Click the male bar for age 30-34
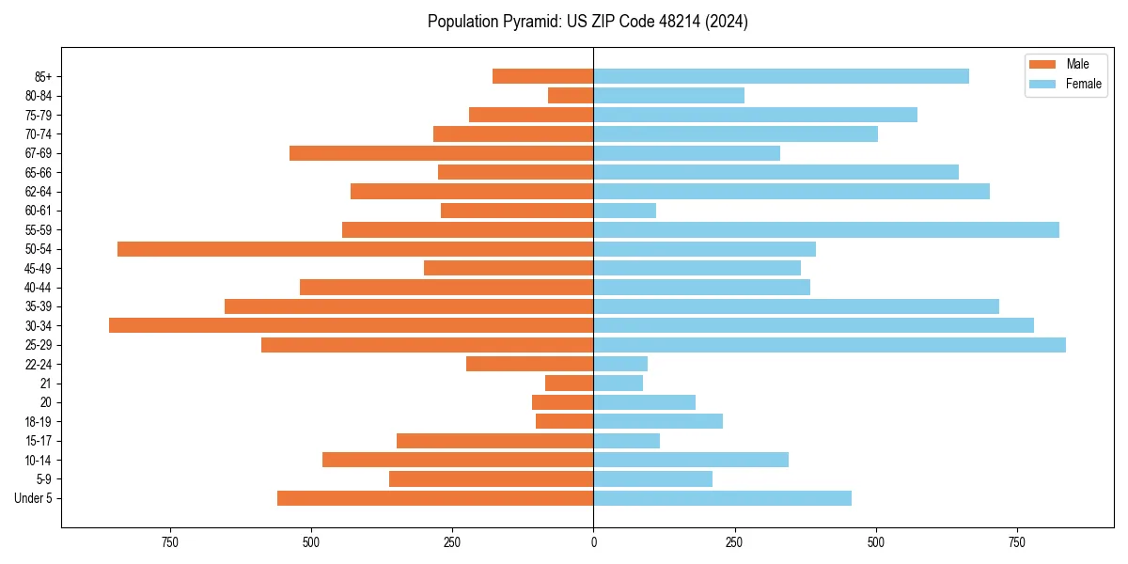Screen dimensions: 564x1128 click(x=351, y=325)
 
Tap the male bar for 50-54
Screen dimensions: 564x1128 click(x=355, y=249)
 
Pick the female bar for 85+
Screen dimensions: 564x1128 click(x=781, y=76)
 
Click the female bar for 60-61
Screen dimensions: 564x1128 click(x=624, y=211)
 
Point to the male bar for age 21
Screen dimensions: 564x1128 click(x=569, y=384)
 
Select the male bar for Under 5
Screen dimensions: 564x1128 click(x=435, y=498)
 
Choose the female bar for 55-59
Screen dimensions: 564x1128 click(x=826, y=229)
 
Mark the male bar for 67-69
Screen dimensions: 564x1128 click(x=441, y=153)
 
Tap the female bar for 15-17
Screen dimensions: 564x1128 click(x=626, y=441)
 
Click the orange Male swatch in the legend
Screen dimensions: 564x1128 click(x=1042, y=64)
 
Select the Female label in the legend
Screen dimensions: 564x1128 click(x=1083, y=84)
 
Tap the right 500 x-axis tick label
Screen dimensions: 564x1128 click(x=876, y=542)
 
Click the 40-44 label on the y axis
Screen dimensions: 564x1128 click(x=39, y=288)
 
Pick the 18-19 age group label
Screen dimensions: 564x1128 click(x=39, y=422)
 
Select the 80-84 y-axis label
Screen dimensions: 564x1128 click(x=39, y=96)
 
